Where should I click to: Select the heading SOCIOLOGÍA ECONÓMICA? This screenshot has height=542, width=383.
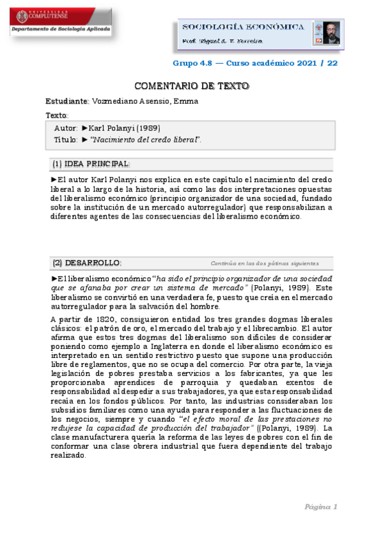(244, 27)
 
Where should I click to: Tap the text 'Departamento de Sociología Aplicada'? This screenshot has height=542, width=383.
(61, 29)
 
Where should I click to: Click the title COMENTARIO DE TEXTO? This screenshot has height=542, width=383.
(191, 86)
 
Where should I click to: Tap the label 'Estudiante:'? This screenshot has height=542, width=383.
(67, 101)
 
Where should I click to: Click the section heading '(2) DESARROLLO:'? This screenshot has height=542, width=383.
(87, 263)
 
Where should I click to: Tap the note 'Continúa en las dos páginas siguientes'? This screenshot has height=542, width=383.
(264, 263)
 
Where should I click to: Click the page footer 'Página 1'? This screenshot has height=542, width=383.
(320, 507)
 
